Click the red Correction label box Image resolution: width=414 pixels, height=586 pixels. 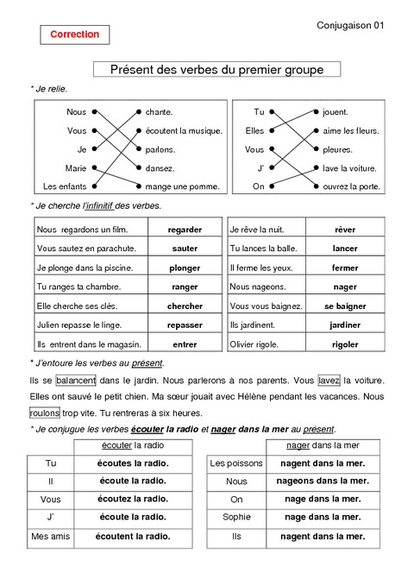(x=75, y=35)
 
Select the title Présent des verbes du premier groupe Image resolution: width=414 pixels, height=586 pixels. (x=216, y=69)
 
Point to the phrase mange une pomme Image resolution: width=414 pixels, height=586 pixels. (x=182, y=186)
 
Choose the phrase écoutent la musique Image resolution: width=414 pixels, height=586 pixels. (x=184, y=131)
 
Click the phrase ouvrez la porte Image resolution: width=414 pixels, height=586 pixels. (x=351, y=186)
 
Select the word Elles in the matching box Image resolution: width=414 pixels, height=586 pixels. (x=254, y=131)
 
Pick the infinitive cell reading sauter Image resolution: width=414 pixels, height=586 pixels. (x=185, y=249)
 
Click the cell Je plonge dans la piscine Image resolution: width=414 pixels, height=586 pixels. (x=85, y=268)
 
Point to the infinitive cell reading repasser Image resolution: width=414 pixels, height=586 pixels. (x=185, y=325)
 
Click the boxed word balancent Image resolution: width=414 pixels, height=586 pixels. (x=76, y=381)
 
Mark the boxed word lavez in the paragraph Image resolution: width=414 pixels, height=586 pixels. (x=329, y=381)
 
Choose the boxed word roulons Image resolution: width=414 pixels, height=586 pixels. (x=45, y=413)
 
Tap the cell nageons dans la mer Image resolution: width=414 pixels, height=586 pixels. (x=323, y=481)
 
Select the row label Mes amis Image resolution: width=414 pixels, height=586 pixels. (x=51, y=536)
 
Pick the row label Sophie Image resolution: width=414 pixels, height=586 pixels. (x=236, y=518)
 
